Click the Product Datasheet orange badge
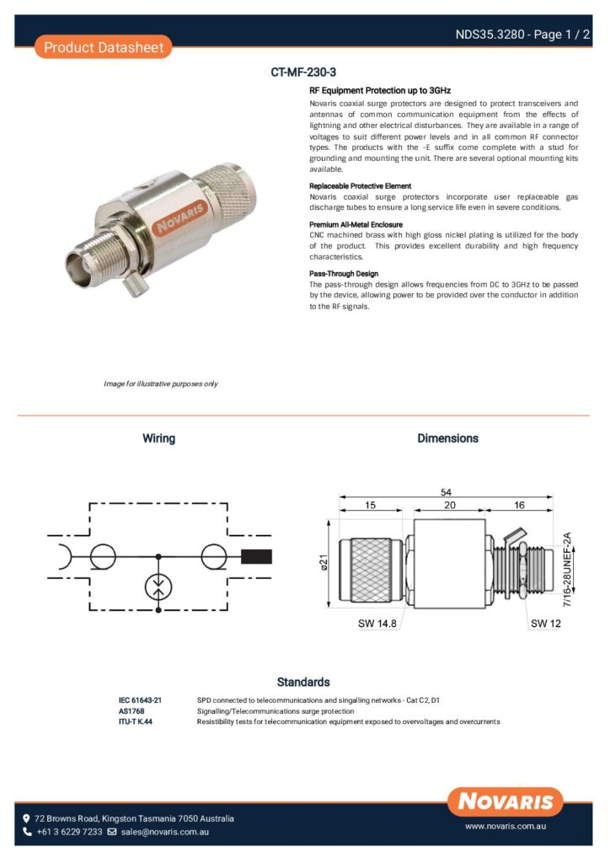103,47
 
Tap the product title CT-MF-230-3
303,72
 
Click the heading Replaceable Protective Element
360,186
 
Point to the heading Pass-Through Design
344,274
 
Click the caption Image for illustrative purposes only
160,384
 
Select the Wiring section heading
158,438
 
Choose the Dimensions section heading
447,438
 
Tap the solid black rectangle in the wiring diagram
257,556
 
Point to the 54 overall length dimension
446,492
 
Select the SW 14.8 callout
376,624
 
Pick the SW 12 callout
545,624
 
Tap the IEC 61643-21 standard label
140,700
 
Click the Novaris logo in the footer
506,801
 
